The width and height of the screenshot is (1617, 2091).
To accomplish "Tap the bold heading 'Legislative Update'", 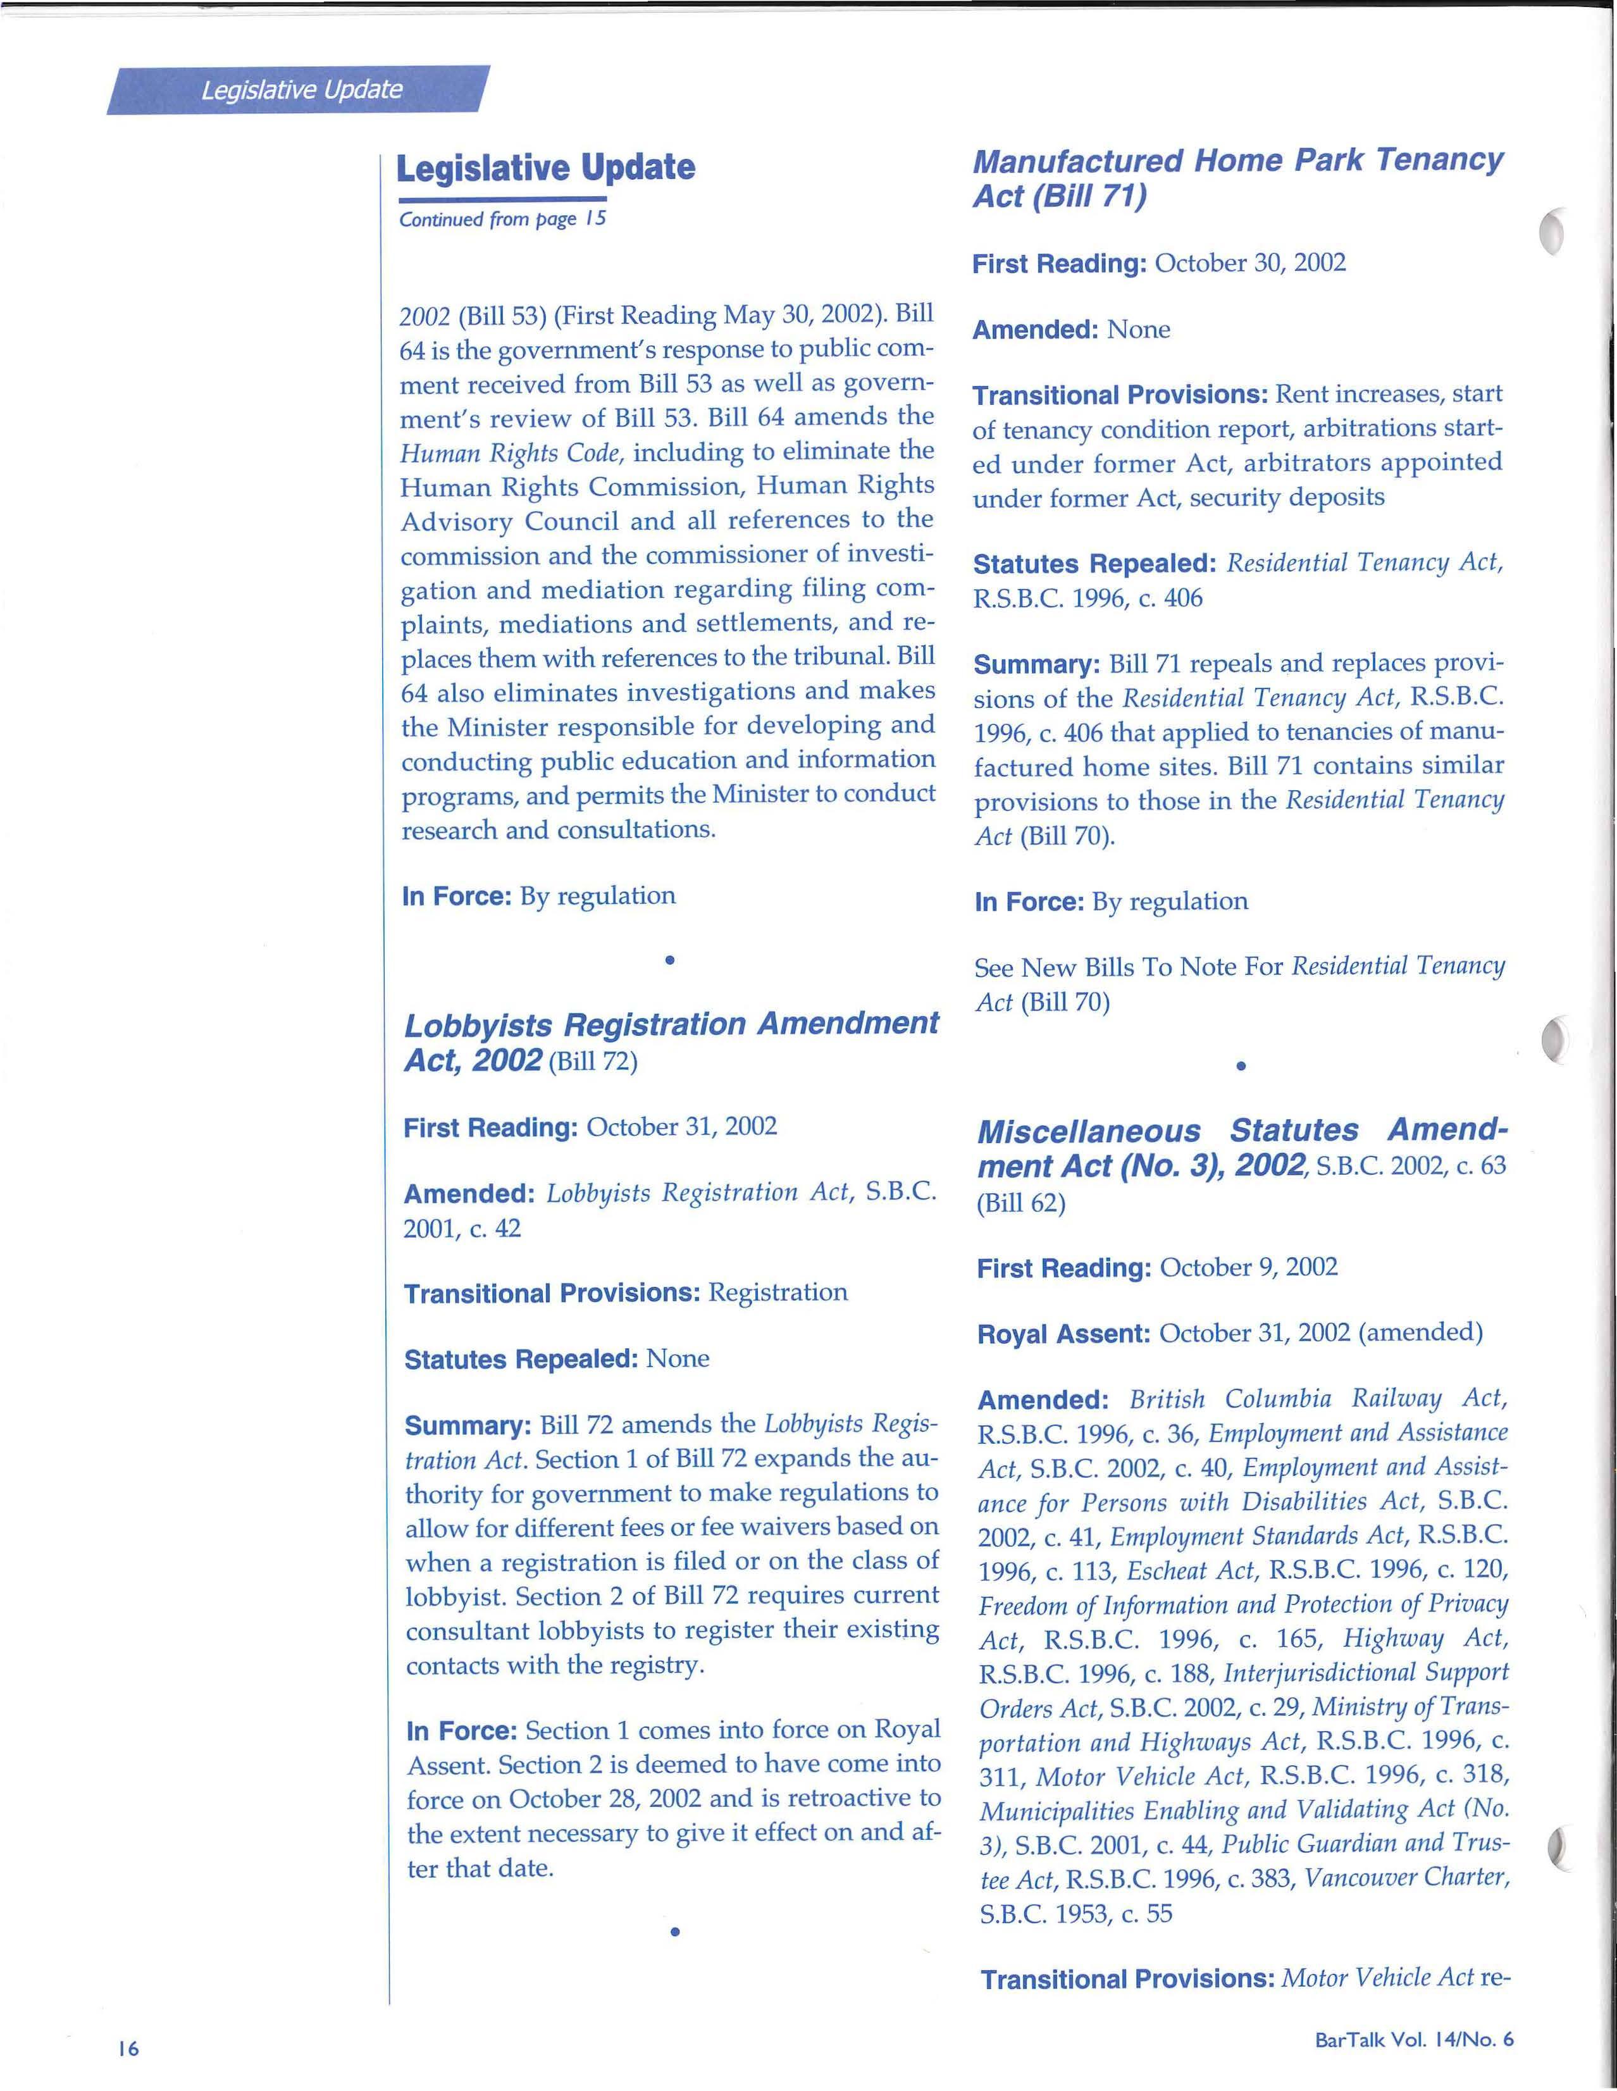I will (x=546, y=168).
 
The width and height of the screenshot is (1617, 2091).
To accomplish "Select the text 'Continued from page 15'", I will (x=502, y=220).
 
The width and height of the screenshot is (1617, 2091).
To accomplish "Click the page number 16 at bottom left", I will (x=128, y=2048).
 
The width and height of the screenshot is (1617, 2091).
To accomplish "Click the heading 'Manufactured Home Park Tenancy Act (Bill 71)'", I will (x=1237, y=178).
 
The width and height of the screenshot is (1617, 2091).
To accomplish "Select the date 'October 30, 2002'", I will (x=1250, y=263).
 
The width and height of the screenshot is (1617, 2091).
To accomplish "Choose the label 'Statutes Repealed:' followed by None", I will (x=521, y=1360).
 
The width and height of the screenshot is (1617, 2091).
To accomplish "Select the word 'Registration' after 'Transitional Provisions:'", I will (x=778, y=1293).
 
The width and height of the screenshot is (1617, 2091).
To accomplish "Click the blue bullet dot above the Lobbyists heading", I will (x=670, y=959).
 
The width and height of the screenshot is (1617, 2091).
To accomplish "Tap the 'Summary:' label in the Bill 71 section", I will (x=1037, y=664).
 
